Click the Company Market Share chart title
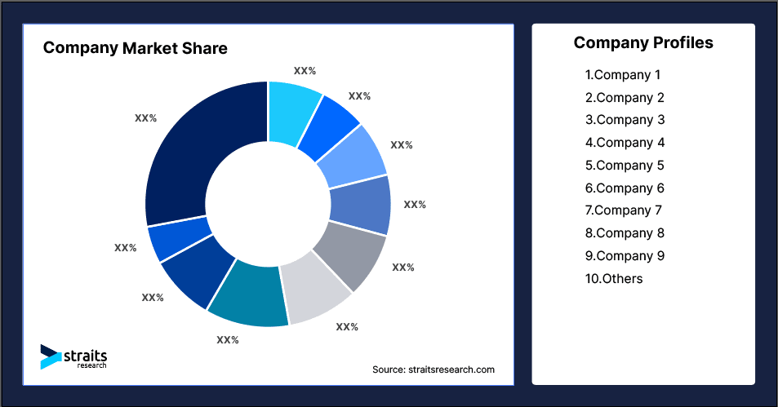tap(135, 48)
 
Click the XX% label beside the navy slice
tap(145, 118)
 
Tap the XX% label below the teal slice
tap(227, 339)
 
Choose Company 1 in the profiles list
tap(622, 75)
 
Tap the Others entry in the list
tap(613, 279)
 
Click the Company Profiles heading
tap(643, 42)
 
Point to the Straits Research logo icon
tap(51, 356)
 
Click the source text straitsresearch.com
tap(433, 369)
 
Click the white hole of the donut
tap(267, 204)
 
